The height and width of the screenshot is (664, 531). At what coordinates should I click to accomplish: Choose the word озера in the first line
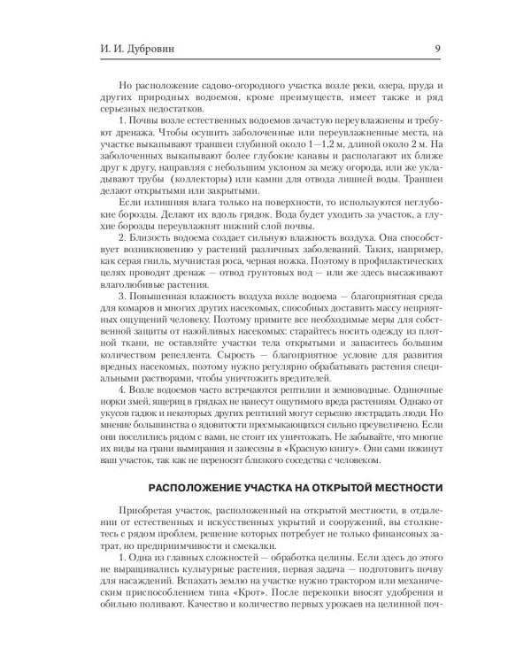tap(344, 81)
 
